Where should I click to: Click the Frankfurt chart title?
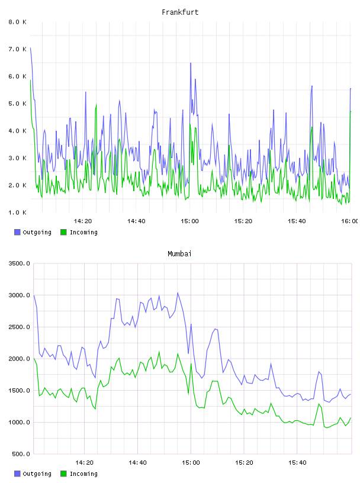pos(180,12)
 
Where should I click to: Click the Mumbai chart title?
pos(179,254)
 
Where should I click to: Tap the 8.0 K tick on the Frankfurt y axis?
pos(18,22)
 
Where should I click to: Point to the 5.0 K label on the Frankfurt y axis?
pos(18,104)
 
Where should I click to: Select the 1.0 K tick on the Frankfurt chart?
pos(18,212)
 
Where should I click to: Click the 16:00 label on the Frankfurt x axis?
pos(349,221)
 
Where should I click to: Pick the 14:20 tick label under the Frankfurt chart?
pos(83,221)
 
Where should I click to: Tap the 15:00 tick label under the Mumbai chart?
pos(191,463)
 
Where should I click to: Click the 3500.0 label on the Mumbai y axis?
pos(20,263)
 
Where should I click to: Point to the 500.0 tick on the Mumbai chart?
pos(21,454)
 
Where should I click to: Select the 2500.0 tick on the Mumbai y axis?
pos(20,327)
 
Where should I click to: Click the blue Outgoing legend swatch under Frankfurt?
pos(17,232)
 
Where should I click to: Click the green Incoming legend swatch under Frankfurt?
pos(63,232)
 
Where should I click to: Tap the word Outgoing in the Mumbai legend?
pos(37,474)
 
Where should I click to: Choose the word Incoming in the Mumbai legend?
pos(83,474)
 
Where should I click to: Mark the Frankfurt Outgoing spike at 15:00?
pos(191,63)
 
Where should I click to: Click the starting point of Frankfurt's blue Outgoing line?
pos(31,48)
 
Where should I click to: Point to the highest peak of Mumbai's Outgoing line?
pos(178,292)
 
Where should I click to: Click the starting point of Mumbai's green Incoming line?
pos(34,358)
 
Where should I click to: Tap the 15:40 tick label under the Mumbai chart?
pos(297,463)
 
